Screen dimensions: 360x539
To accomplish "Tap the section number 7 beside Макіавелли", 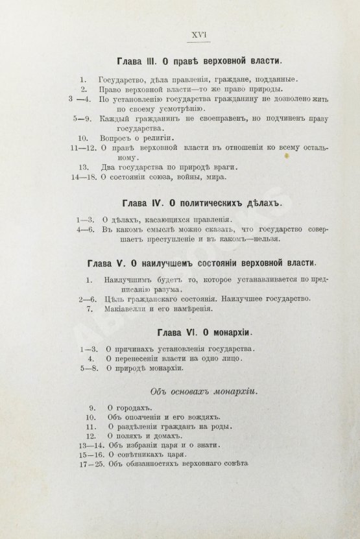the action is tap(90, 309).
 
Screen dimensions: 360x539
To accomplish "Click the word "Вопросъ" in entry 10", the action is tap(115, 138).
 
